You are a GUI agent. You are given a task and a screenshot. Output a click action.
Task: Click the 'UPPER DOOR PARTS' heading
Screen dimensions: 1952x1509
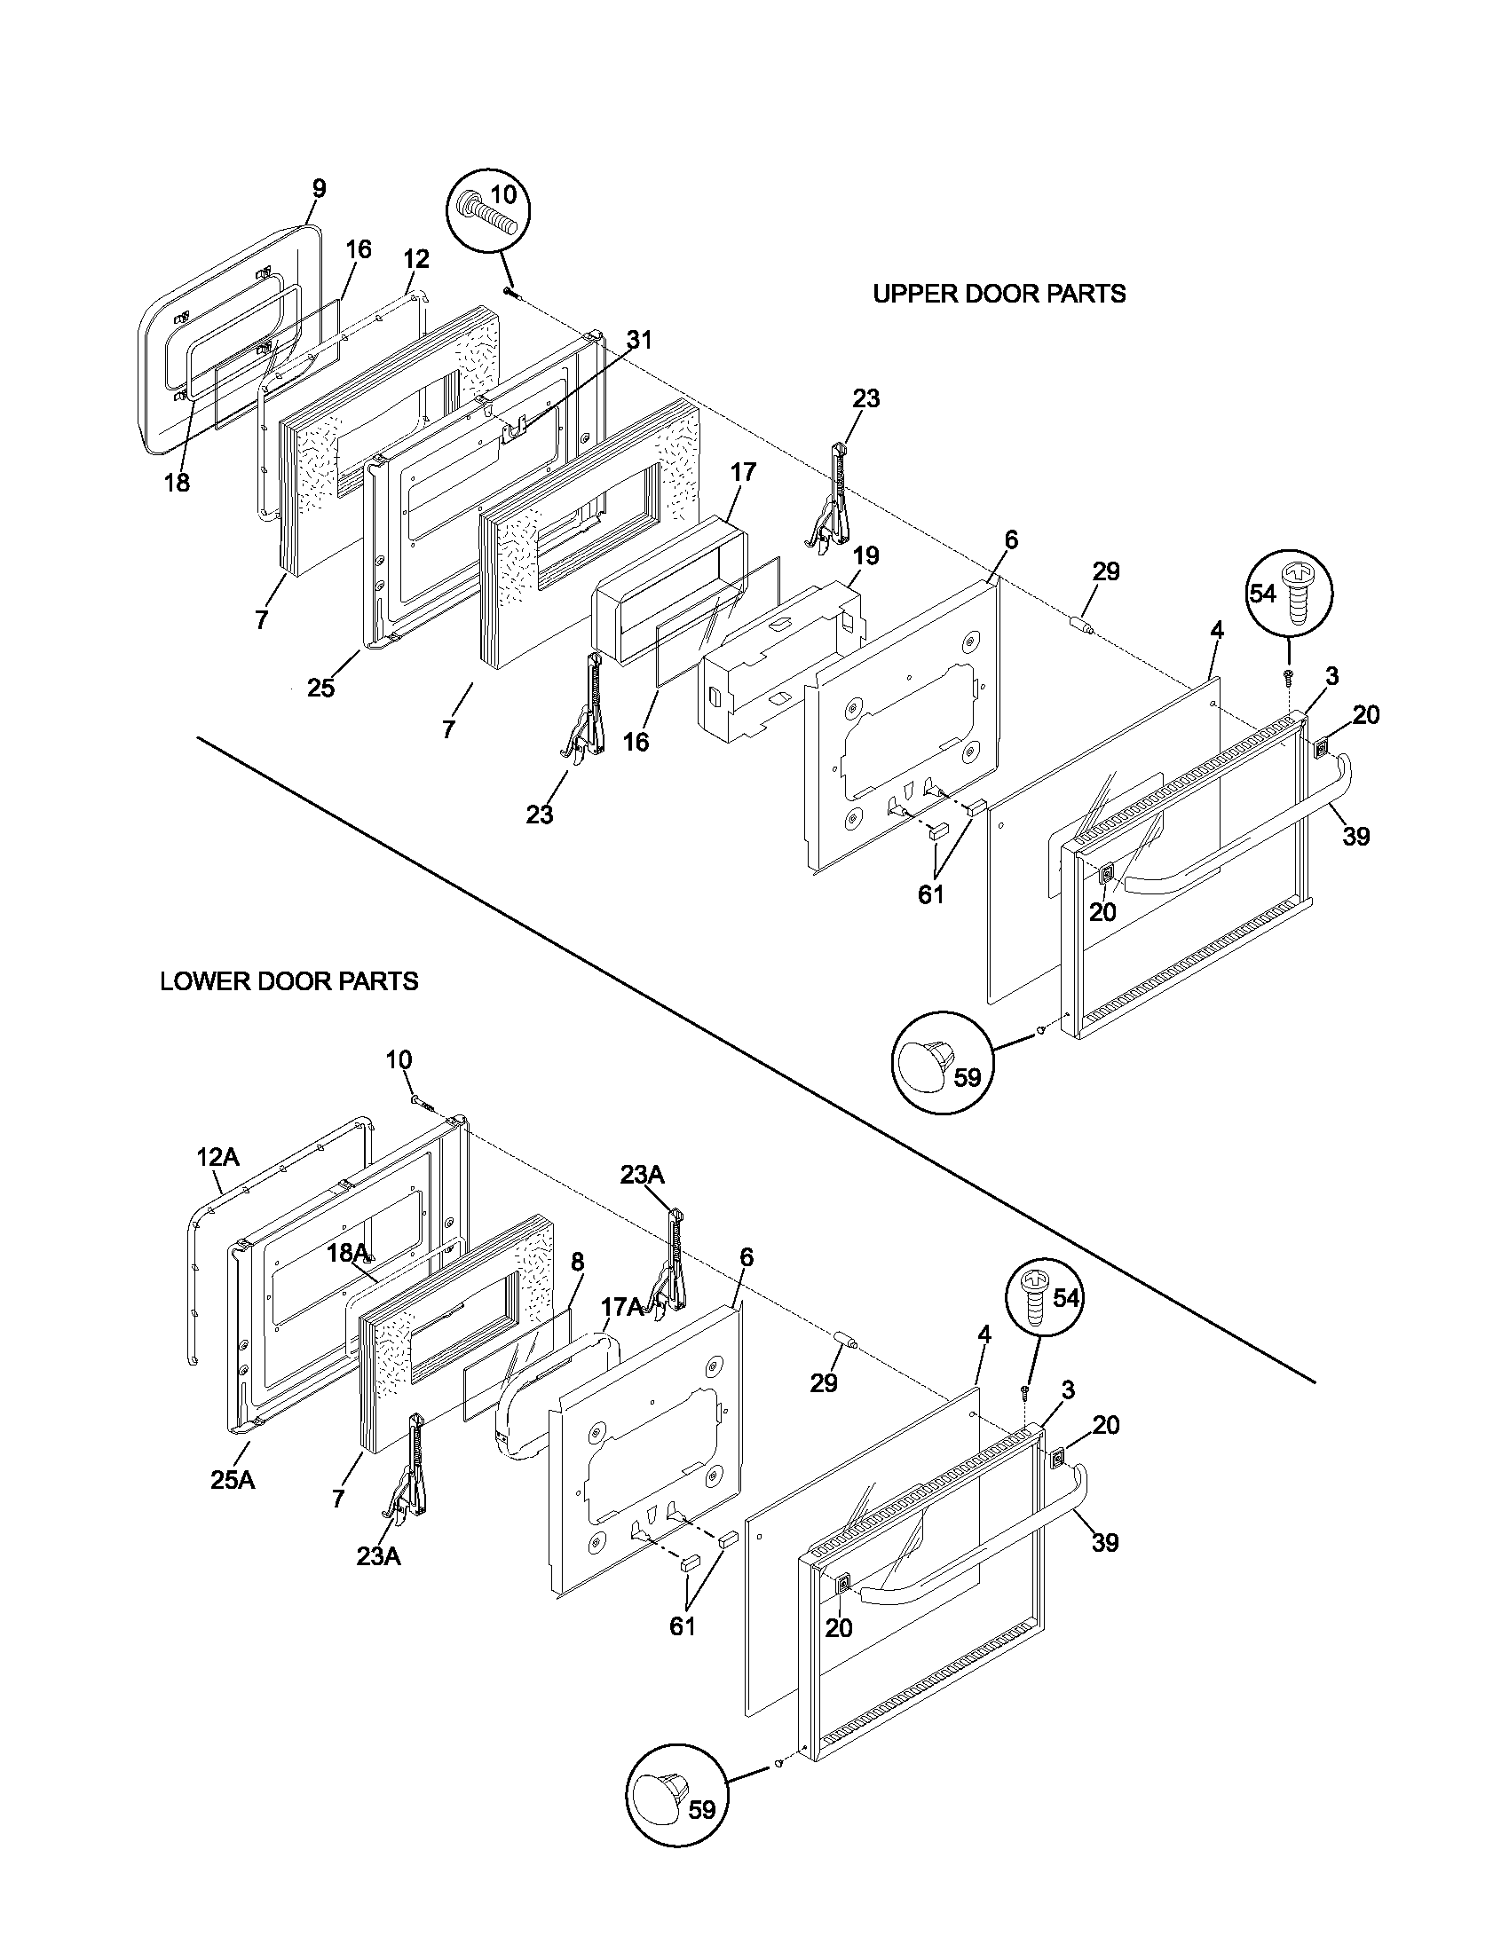click(x=999, y=293)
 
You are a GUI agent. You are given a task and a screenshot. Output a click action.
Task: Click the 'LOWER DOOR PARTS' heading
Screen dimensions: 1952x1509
click(x=288, y=981)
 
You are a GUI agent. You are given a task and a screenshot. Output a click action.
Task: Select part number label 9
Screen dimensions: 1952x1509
click(x=320, y=189)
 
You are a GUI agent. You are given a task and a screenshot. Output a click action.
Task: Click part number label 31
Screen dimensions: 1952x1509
click(x=639, y=340)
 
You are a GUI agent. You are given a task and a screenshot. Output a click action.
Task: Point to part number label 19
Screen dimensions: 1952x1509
click(x=865, y=555)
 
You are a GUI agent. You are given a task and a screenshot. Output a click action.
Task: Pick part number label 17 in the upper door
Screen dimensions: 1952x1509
click(x=743, y=472)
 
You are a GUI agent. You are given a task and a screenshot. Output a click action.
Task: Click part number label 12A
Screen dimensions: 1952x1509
click(x=217, y=1156)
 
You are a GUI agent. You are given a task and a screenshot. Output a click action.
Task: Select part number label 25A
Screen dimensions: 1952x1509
click(x=233, y=1480)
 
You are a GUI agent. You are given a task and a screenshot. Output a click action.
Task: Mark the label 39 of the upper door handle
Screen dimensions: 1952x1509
click(x=1356, y=836)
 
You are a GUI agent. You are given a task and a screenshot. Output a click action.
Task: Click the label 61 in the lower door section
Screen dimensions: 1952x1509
click(x=682, y=1625)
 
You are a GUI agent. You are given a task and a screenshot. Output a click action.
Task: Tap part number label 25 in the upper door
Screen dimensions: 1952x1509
click(x=321, y=688)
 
